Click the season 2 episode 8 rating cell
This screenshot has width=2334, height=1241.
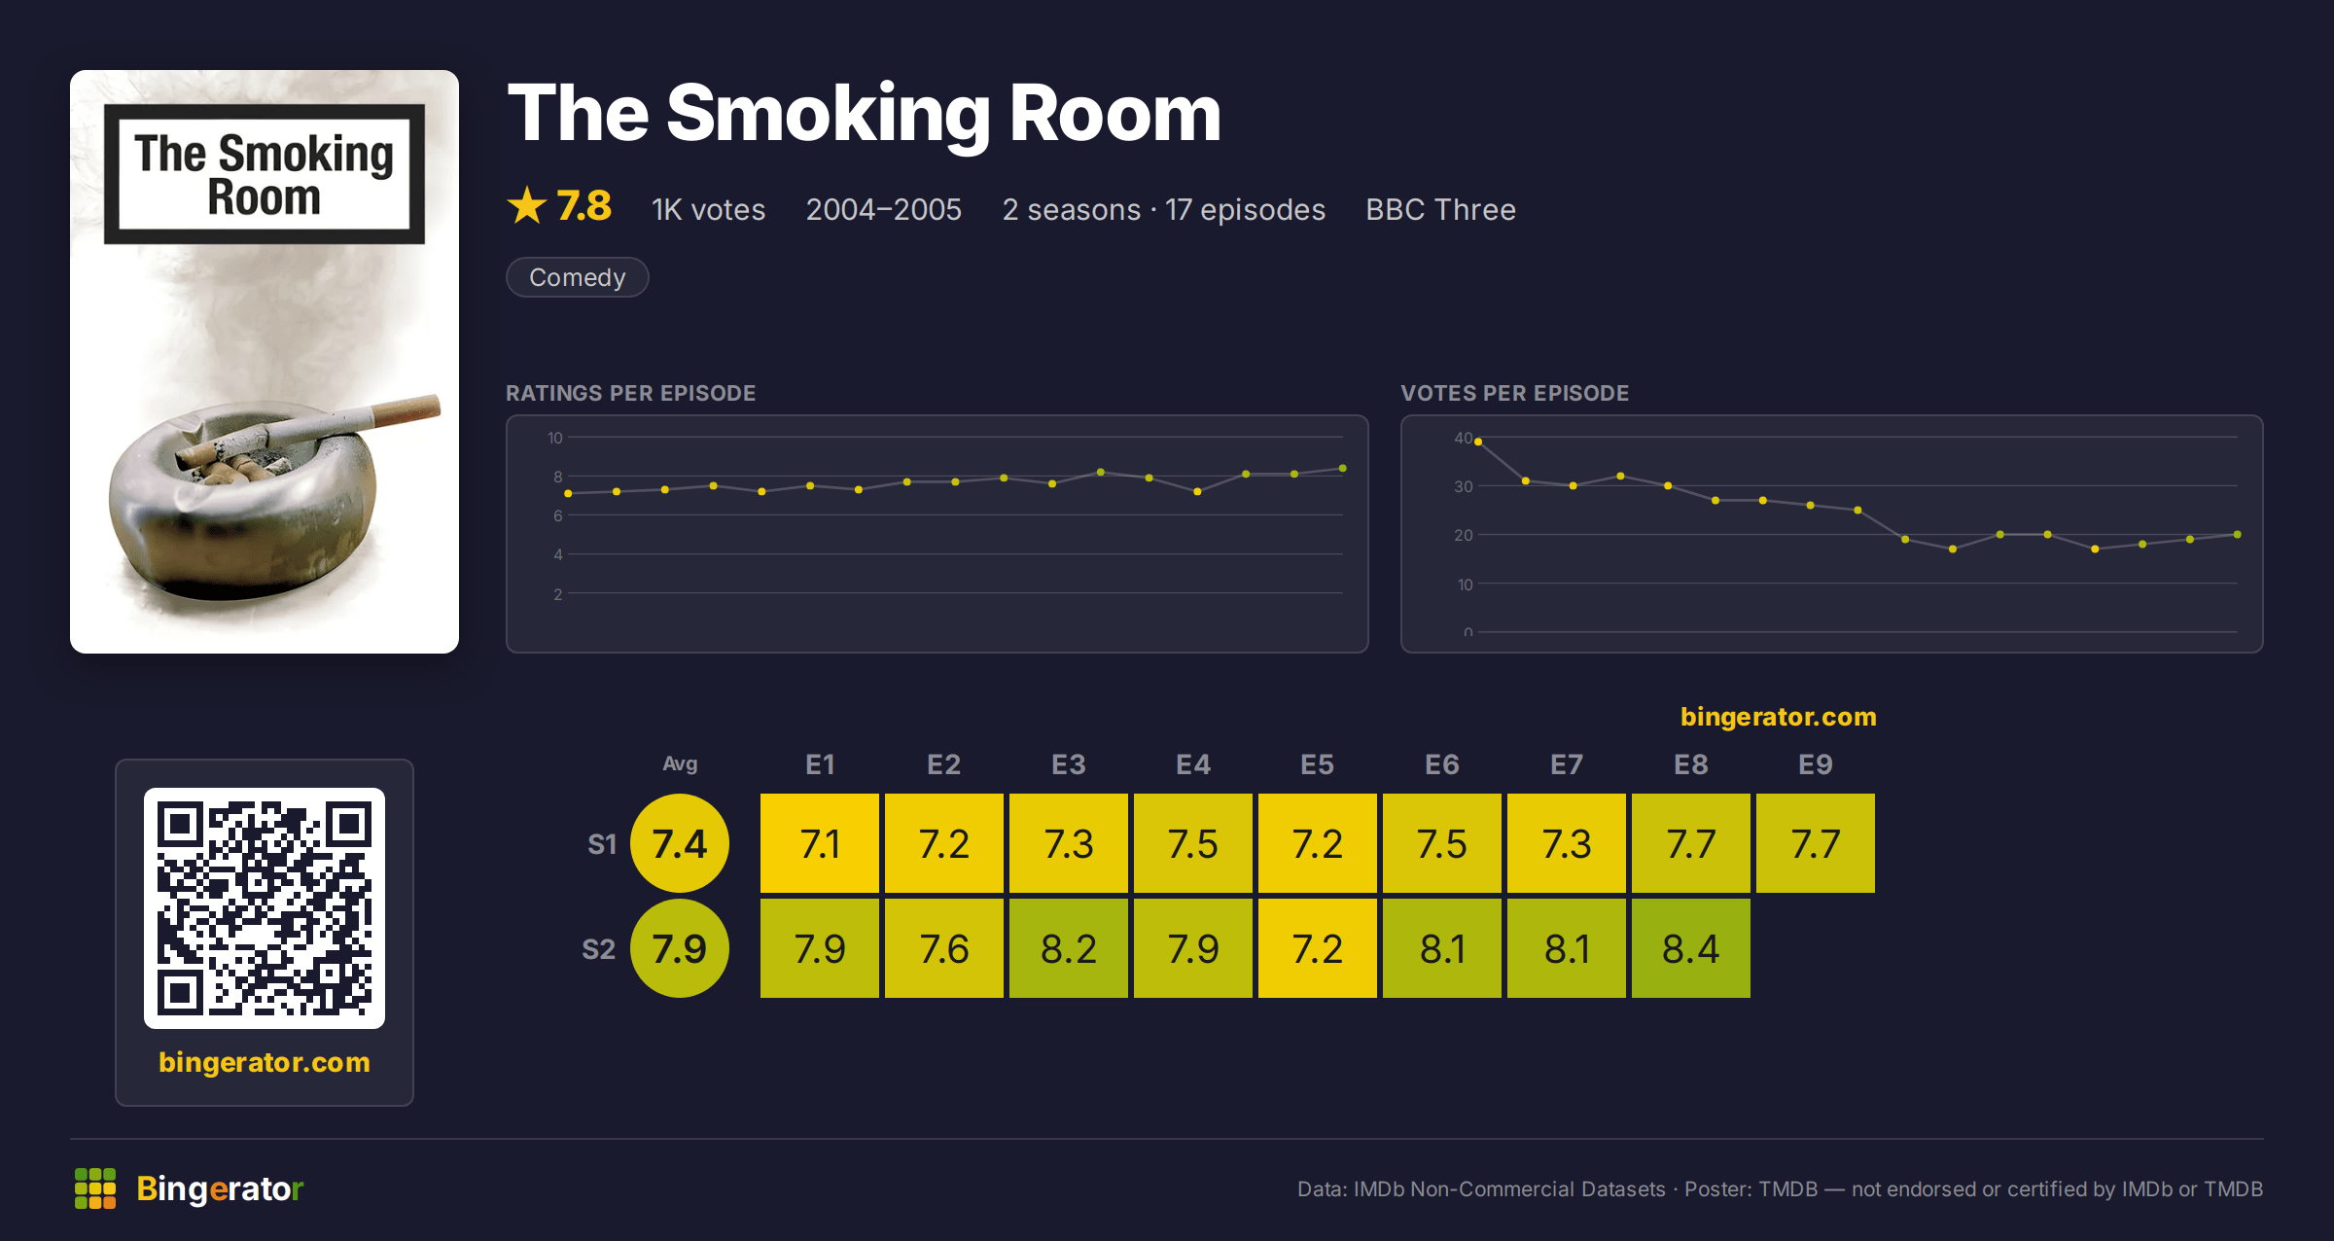pos(1690,948)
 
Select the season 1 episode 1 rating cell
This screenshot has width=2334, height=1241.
pos(819,843)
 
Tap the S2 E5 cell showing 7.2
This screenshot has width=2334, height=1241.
pos(1317,948)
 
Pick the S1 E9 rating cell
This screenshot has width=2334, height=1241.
pos(1815,843)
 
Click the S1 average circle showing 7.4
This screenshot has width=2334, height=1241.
pos(680,843)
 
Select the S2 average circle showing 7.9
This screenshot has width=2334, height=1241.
pos(680,948)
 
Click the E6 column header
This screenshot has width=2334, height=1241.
pos(1441,764)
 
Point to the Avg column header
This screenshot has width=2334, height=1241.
pos(680,763)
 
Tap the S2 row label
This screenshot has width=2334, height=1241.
pos(598,949)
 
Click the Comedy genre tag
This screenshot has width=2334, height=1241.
pos(577,277)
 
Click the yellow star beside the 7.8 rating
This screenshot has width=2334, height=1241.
pos(527,205)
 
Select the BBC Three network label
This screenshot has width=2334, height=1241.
pos(1440,209)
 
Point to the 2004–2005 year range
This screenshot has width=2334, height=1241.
pos(883,209)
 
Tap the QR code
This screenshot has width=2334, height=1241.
pos(265,908)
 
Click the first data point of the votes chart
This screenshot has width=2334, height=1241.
pos(1478,442)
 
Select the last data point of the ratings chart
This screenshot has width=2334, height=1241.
pos(1342,469)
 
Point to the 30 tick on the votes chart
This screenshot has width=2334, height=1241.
pos(1463,486)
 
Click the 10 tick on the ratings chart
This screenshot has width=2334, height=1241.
pos(554,438)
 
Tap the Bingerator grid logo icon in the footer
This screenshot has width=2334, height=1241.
pos(95,1188)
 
